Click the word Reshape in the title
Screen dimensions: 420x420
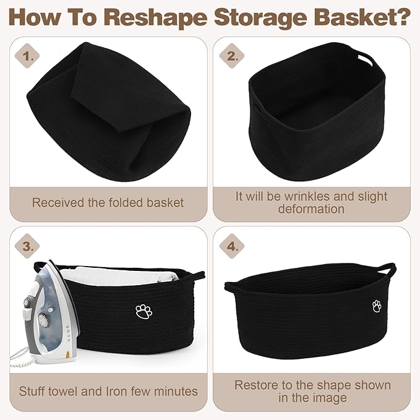point(157,18)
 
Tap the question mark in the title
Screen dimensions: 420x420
point(403,17)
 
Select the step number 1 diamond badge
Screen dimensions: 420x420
point(27,56)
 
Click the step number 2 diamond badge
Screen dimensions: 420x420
point(232,56)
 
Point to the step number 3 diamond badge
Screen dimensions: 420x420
point(27,246)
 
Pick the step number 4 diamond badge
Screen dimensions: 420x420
point(232,246)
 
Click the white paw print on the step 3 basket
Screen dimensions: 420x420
point(144,312)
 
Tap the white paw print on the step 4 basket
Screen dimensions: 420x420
point(377,306)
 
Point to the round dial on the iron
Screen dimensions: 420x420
point(43,320)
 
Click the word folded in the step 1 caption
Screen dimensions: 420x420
point(127,202)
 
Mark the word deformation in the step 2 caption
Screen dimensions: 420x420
point(311,209)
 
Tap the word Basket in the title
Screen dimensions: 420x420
point(353,17)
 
